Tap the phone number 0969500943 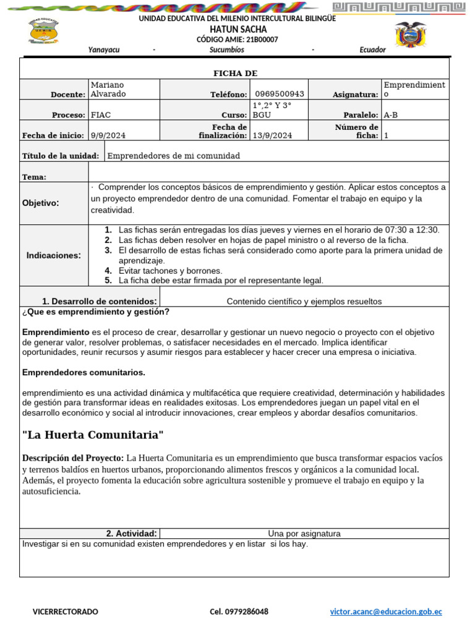pos(280,94)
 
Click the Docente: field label pos(68,95)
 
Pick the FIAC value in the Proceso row pos(101,115)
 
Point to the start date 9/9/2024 pos(108,135)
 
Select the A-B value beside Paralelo pos(391,115)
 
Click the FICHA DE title pos(235,74)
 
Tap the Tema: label pos(35,177)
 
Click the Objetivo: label pos(40,203)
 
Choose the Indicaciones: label pos(53,255)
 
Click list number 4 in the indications pos(108,271)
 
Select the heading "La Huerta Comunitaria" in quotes pos(93,435)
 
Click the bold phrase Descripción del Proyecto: pos(73,458)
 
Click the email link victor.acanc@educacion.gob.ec pos(386,611)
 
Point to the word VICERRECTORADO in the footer pos(65,611)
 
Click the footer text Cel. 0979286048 pos(239,611)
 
